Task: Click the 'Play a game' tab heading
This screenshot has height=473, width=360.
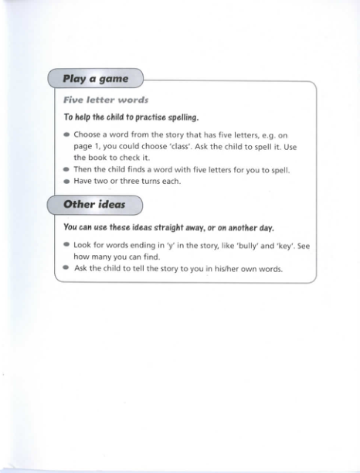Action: [x=96, y=79]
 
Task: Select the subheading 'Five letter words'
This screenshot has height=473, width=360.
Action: [x=106, y=100]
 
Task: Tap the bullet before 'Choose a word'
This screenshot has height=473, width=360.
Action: [x=66, y=134]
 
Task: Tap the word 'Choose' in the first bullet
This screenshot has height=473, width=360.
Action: [x=90, y=134]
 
